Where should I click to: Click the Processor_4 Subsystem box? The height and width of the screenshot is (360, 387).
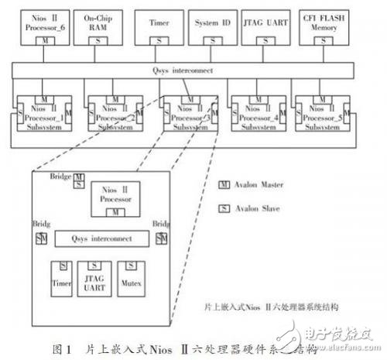[259, 112]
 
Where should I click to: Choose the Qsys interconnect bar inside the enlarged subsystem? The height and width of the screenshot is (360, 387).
[102, 239]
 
